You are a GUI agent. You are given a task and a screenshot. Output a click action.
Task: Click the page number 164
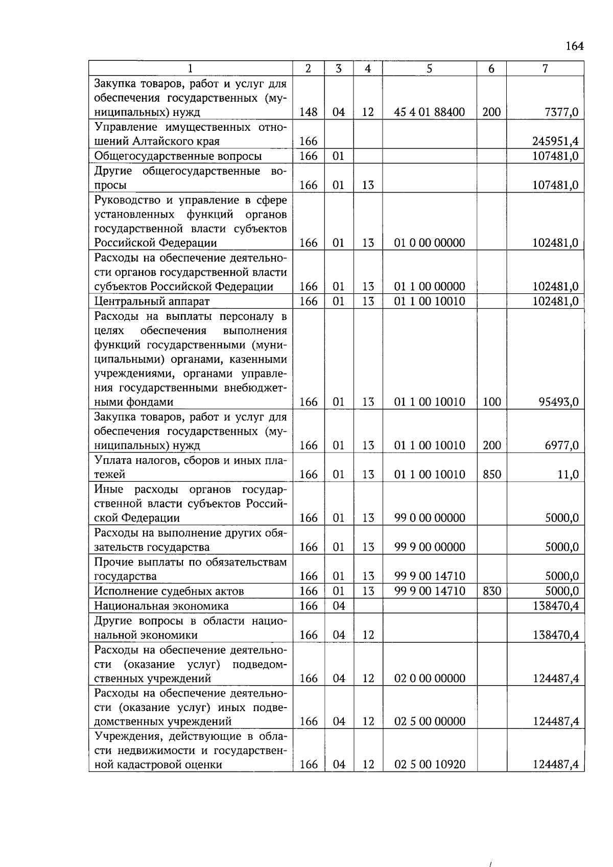click(574, 46)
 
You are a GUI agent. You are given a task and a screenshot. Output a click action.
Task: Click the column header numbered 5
click(429, 68)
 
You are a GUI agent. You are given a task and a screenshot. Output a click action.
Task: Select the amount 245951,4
click(555, 142)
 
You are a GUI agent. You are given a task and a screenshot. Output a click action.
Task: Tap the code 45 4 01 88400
click(429, 112)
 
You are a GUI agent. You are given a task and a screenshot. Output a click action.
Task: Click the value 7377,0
click(561, 112)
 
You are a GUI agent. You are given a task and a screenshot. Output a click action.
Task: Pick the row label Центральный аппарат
click(152, 301)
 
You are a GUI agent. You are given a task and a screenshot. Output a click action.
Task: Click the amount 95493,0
click(558, 402)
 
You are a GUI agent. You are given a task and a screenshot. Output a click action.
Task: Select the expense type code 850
click(491, 475)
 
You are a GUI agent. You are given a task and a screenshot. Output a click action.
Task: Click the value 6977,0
click(561, 446)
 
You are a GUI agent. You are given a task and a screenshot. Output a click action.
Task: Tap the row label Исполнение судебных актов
click(169, 591)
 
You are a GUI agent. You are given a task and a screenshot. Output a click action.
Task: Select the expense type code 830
click(491, 591)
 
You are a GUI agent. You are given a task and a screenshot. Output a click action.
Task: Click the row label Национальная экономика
click(161, 606)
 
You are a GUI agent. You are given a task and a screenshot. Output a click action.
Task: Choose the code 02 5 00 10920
click(429, 765)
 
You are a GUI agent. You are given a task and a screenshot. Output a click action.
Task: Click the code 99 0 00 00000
click(429, 518)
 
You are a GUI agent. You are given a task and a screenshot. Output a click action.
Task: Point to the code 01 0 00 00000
click(429, 243)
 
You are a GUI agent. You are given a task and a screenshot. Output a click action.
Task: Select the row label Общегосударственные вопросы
click(178, 156)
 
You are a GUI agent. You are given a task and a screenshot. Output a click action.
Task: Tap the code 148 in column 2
click(308, 112)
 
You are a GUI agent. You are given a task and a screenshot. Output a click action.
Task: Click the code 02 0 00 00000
click(429, 678)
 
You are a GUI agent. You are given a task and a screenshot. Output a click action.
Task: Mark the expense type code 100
click(491, 402)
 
